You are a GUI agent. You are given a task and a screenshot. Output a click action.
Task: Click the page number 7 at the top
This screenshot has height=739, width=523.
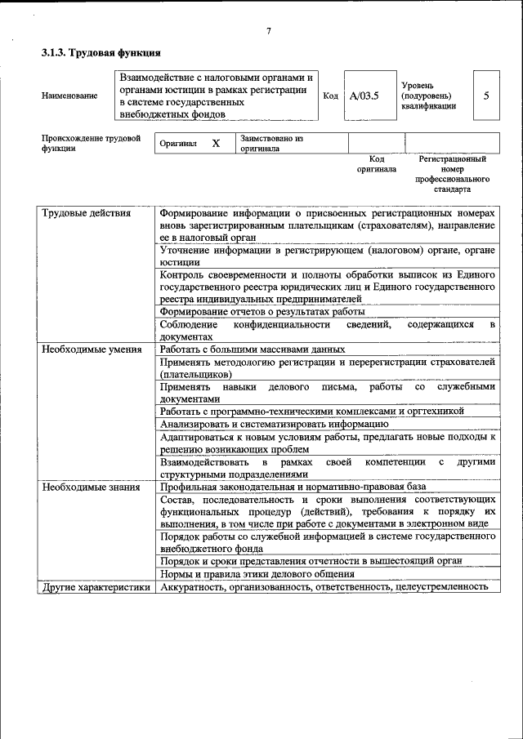coord(268,32)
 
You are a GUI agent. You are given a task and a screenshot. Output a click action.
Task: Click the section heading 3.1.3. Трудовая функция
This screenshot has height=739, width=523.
coord(101,55)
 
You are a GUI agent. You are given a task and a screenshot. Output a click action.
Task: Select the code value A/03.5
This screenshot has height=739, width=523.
coord(364,96)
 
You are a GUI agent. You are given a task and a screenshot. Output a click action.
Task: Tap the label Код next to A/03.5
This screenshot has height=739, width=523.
coord(331,96)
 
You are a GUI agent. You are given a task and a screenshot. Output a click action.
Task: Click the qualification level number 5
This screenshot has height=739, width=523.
coord(486,96)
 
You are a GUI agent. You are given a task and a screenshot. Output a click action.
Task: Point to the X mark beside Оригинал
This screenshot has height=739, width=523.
coord(216,144)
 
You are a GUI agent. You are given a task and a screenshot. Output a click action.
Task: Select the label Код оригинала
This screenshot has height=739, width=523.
coord(376,164)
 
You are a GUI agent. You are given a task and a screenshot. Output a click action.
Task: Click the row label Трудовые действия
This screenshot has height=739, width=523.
coord(86,214)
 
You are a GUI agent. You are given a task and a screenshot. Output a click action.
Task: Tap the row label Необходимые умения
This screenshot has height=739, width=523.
coord(91,349)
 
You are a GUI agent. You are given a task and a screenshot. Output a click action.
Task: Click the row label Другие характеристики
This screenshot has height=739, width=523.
coord(96,587)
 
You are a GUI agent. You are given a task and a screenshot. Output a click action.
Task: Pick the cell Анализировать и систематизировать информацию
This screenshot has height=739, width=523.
coord(274,424)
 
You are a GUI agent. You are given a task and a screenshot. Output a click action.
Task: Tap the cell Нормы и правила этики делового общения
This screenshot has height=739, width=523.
coord(266,574)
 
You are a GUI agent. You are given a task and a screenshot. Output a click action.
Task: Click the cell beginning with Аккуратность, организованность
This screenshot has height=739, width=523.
coord(324,587)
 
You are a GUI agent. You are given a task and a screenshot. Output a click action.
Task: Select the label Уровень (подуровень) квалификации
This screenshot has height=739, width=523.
coord(428,96)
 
